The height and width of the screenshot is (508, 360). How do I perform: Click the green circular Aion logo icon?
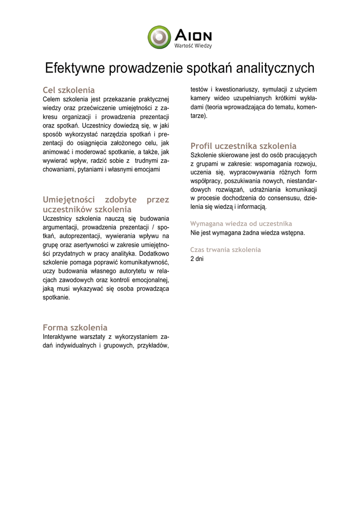(159, 37)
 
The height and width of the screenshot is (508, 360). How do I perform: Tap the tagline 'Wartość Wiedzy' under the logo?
(193, 46)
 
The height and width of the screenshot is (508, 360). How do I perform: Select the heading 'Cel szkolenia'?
(69, 90)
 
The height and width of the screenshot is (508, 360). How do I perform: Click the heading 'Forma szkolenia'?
(75, 327)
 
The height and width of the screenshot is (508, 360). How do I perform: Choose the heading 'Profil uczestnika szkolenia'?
(243, 146)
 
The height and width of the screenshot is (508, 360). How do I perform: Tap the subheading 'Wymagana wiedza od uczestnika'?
(241, 224)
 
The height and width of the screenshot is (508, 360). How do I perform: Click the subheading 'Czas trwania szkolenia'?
(225, 250)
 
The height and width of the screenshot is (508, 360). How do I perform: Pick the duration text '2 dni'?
(197, 258)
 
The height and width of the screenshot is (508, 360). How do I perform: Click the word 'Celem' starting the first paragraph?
(52, 99)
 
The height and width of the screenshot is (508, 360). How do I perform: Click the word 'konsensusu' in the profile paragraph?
(283, 197)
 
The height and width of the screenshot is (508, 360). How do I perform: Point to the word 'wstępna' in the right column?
(293, 233)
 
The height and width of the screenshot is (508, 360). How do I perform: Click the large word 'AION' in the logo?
(193, 35)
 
